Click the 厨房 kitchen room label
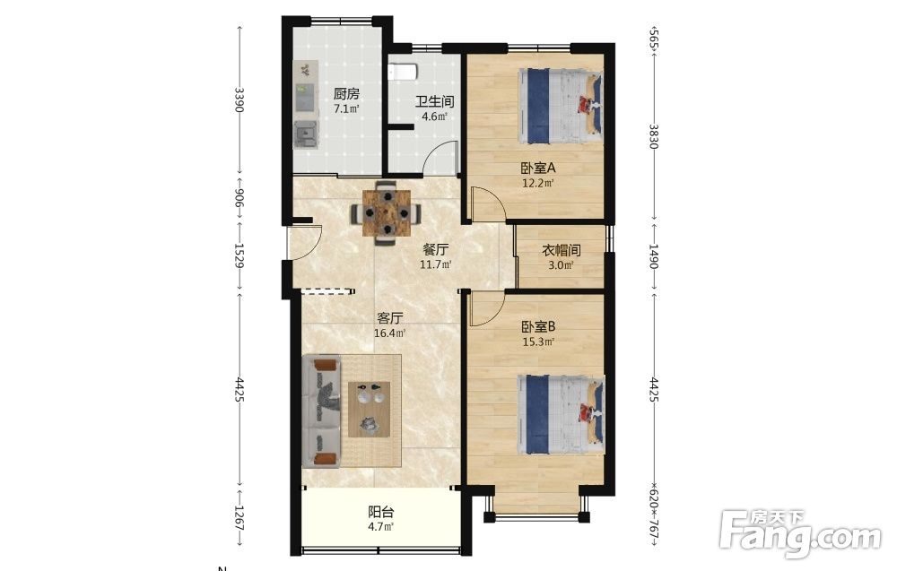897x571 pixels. pyautogui.click(x=346, y=94)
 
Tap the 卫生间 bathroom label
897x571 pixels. pyautogui.click(x=435, y=101)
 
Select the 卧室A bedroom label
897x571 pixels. pyautogui.click(x=538, y=168)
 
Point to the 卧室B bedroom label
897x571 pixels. pyautogui.click(x=538, y=327)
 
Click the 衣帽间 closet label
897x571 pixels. pyautogui.click(x=562, y=250)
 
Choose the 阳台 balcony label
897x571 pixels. pyautogui.click(x=380, y=512)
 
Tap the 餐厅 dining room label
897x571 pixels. pyautogui.click(x=435, y=250)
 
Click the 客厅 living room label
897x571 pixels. pyautogui.click(x=390, y=318)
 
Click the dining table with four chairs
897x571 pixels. pyautogui.click(x=387, y=212)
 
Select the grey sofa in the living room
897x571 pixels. pyautogui.click(x=321, y=411)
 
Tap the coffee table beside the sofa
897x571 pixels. pyautogui.click(x=370, y=410)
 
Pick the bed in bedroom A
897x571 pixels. pyautogui.click(x=561, y=106)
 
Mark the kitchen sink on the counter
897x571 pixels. pyautogui.click(x=306, y=134)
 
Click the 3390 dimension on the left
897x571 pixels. pyautogui.click(x=239, y=99)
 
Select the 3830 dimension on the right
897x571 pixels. pyautogui.click(x=654, y=136)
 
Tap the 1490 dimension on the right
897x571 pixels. pyautogui.click(x=654, y=256)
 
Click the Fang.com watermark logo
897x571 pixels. pyautogui.click(x=801, y=532)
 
